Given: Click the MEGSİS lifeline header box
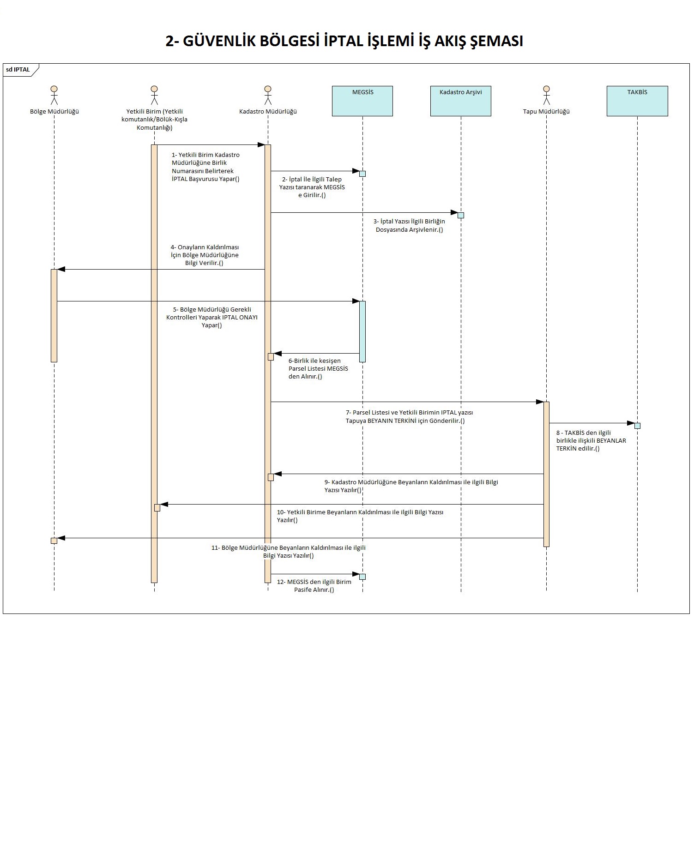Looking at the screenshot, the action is pos(362,101).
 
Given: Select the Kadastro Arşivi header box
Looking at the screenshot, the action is pos(460,101).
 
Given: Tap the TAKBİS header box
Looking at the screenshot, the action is pos(637,101).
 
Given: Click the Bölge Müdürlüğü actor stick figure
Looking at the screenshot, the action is pos(54,95).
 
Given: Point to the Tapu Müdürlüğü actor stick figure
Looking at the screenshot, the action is pos(546,95).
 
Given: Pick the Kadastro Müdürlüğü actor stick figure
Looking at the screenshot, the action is pos(268,95).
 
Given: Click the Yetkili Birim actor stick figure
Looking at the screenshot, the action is pos(154,95).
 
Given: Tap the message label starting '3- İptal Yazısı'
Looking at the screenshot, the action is pos(410,225).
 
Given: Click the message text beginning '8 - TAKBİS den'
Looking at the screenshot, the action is pos(591,440).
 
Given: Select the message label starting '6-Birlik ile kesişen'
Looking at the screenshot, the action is pos(318,368).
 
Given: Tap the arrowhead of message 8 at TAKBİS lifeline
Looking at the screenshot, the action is pos(631,423).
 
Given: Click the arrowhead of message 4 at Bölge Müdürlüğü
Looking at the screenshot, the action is pos(61,269).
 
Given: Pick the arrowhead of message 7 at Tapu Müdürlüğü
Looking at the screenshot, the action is pos(540,402).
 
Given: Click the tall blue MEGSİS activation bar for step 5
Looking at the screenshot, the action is pos(362,331).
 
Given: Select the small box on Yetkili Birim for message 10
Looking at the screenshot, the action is pos(157,508).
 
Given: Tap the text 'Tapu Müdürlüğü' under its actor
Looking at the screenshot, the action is pos(546,111).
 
